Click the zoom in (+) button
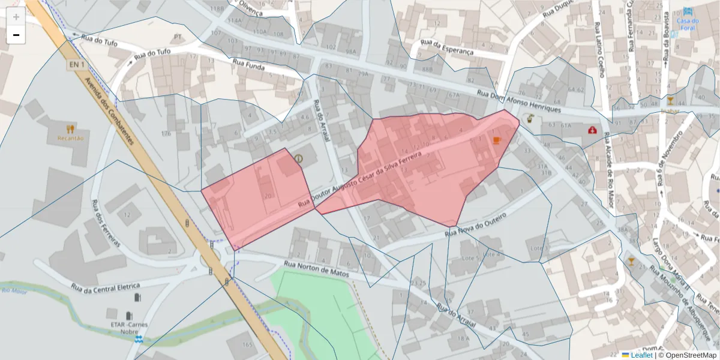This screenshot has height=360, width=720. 16,17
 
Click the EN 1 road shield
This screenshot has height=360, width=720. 74,64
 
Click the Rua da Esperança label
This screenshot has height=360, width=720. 447,47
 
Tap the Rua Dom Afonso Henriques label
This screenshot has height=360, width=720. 519,101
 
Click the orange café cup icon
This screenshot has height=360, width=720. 496,140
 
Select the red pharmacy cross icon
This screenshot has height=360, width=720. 593,130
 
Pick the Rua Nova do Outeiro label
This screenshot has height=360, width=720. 482,223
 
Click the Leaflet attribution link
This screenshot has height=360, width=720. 641,355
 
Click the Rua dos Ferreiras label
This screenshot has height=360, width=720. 106,223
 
